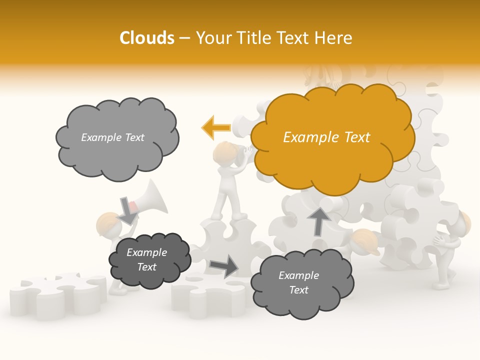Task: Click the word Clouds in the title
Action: click(x=147, y=38)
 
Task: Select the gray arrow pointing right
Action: click(x=224, y=266)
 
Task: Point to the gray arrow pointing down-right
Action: click(x=128, y=210)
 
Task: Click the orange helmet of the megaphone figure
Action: click(x=106, y=220)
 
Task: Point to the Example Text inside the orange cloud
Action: click(x=326, y=137)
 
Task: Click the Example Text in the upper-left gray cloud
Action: click(x=112, y=137)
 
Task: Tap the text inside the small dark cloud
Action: click(x=146, y=259)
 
